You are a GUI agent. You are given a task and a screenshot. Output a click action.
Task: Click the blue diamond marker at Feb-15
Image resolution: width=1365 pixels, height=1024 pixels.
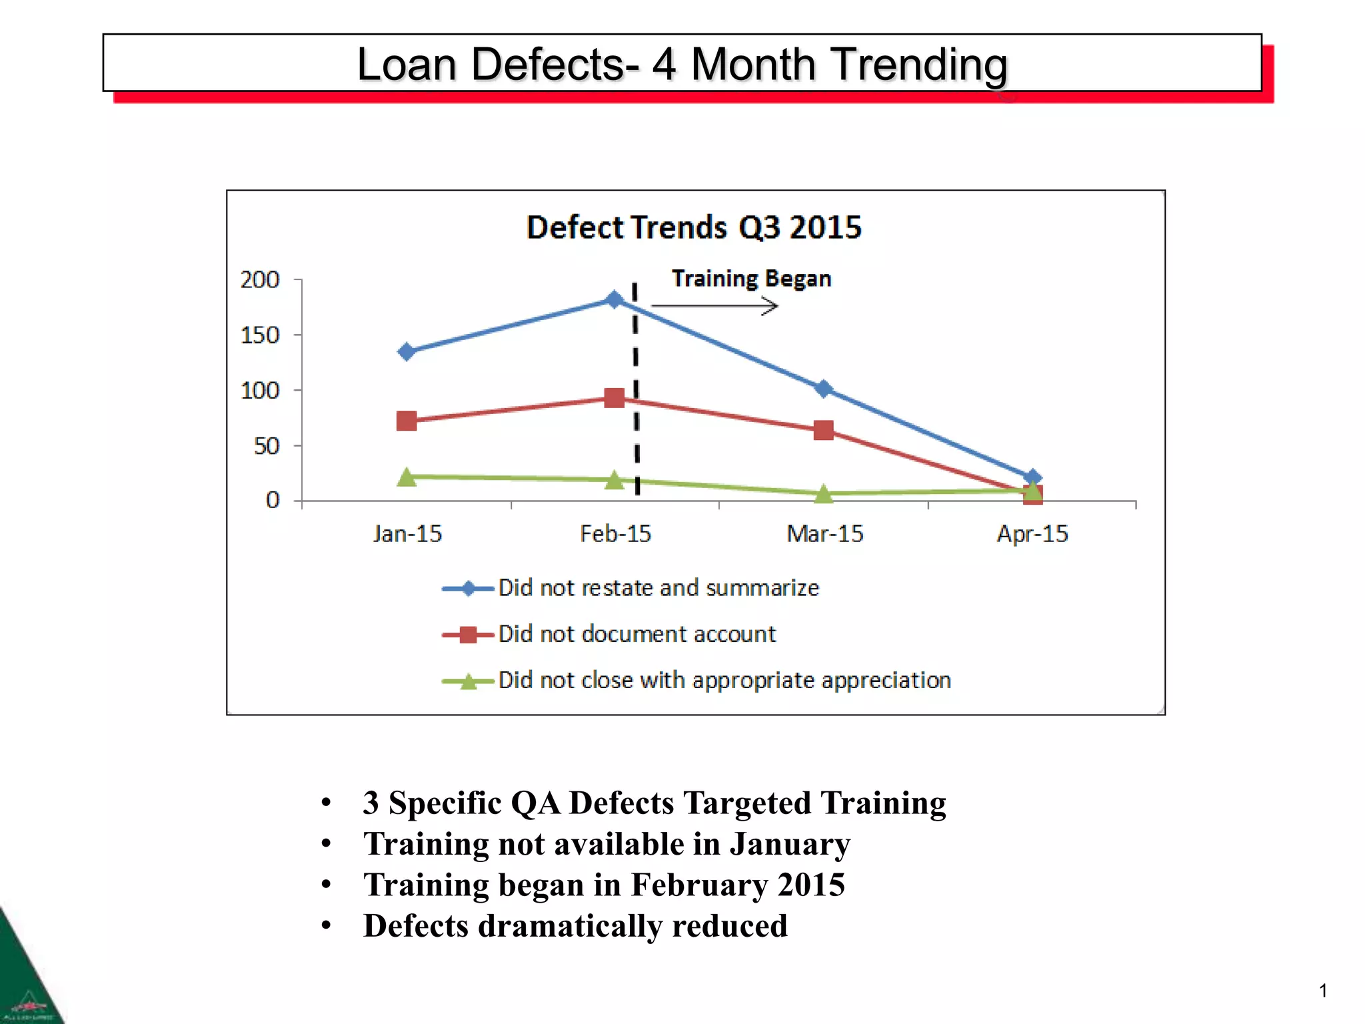point(615,299)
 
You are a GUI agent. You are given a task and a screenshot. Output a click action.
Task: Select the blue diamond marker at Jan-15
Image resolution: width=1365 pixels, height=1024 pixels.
point(407,351)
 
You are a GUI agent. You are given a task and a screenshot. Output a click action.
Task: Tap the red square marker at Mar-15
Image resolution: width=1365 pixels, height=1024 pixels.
point(824,430)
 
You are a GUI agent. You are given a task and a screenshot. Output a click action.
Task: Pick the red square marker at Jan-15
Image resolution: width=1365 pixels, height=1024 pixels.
point(407,421)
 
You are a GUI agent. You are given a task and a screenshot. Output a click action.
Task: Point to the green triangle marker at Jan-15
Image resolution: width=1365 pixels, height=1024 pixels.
point(407,477)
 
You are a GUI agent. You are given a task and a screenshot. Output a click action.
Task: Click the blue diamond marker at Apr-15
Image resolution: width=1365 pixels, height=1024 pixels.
point(1032,477)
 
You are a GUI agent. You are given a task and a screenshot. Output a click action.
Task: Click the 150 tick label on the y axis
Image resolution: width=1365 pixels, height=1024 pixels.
point(260,335)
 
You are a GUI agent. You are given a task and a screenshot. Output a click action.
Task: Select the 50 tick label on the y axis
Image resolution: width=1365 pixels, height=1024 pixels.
point(267,445)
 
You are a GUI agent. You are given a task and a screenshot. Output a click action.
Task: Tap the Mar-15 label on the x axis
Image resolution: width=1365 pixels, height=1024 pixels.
point(824,533)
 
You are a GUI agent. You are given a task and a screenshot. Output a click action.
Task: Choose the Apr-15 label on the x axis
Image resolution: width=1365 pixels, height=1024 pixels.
point(1032,533)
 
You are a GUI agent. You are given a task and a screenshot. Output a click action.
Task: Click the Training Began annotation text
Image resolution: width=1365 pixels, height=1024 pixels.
point(751,278)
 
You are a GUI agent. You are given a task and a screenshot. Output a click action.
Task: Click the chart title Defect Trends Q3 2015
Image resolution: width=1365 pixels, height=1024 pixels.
point(694,227)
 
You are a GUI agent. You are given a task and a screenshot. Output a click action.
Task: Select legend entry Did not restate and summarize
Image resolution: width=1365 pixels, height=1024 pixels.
point(659,587)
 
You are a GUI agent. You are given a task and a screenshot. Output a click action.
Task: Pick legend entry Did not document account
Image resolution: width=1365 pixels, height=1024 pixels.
point(637,633)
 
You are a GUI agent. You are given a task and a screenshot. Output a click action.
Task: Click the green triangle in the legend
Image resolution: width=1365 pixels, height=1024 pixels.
point(469,681)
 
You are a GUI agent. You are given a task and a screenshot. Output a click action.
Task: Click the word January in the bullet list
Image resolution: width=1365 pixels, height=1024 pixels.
point(790,843)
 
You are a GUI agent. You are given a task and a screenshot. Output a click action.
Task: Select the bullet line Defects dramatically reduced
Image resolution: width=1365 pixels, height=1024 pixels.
point(575,925)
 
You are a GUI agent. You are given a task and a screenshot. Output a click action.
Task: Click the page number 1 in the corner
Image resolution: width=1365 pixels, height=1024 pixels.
point(1323,991)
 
